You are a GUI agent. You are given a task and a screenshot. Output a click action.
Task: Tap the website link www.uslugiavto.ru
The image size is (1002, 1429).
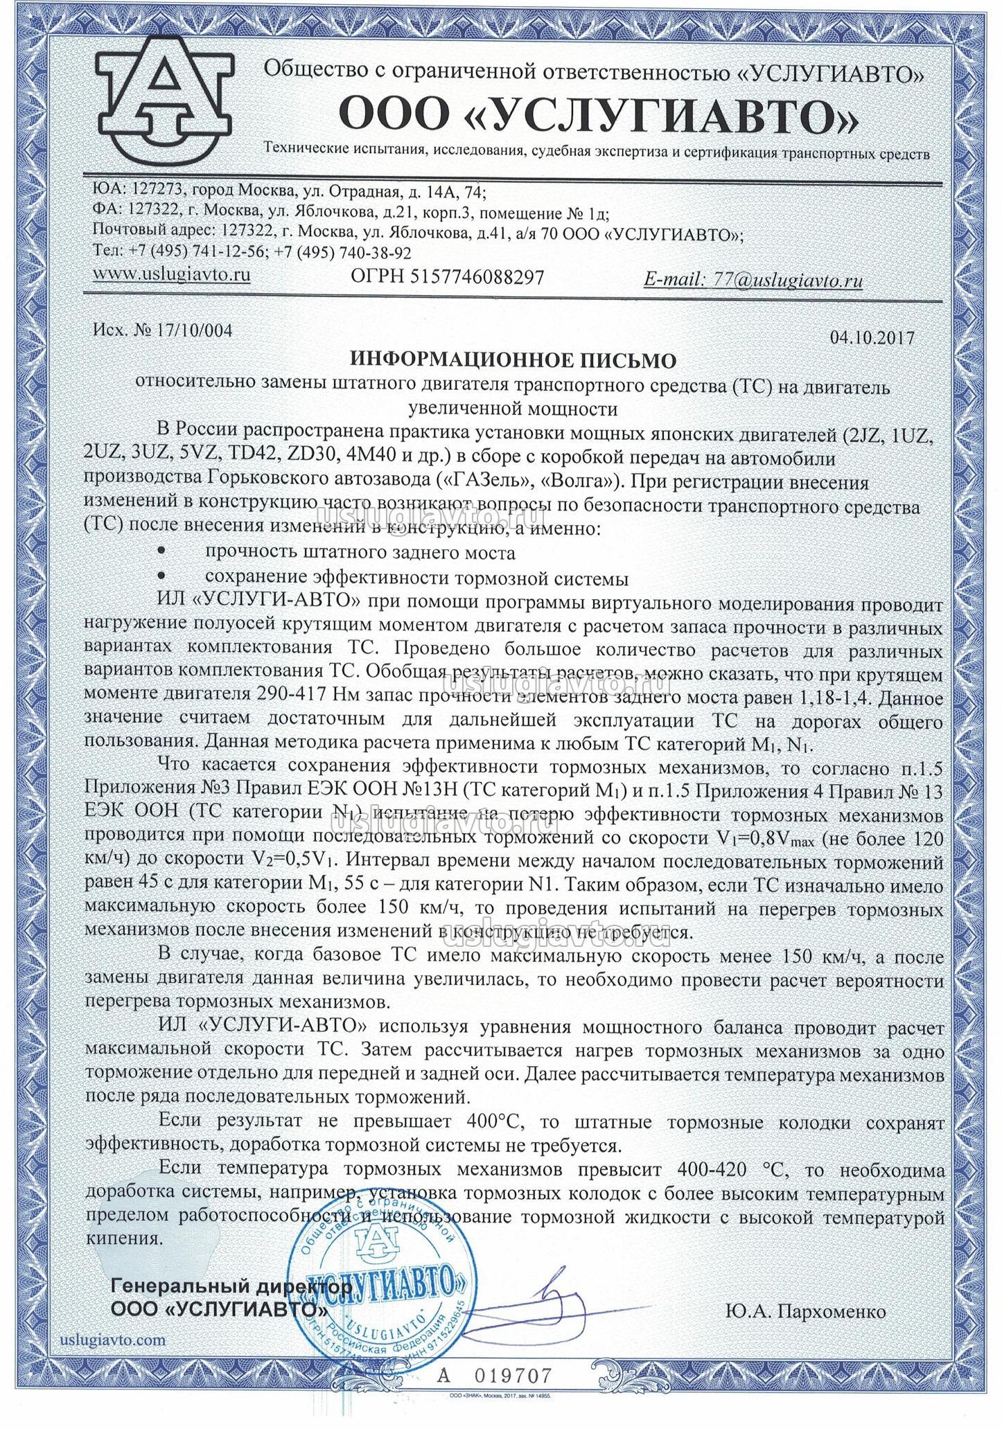(171, 274)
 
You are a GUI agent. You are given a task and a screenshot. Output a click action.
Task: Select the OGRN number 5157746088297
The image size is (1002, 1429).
(478, 277)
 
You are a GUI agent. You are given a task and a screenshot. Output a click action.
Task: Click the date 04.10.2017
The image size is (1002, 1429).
(871, 338)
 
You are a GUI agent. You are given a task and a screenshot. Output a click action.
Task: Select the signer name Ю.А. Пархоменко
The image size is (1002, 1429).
(806, 1311)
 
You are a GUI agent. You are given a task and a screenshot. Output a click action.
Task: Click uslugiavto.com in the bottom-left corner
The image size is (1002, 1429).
(114, 1339)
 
